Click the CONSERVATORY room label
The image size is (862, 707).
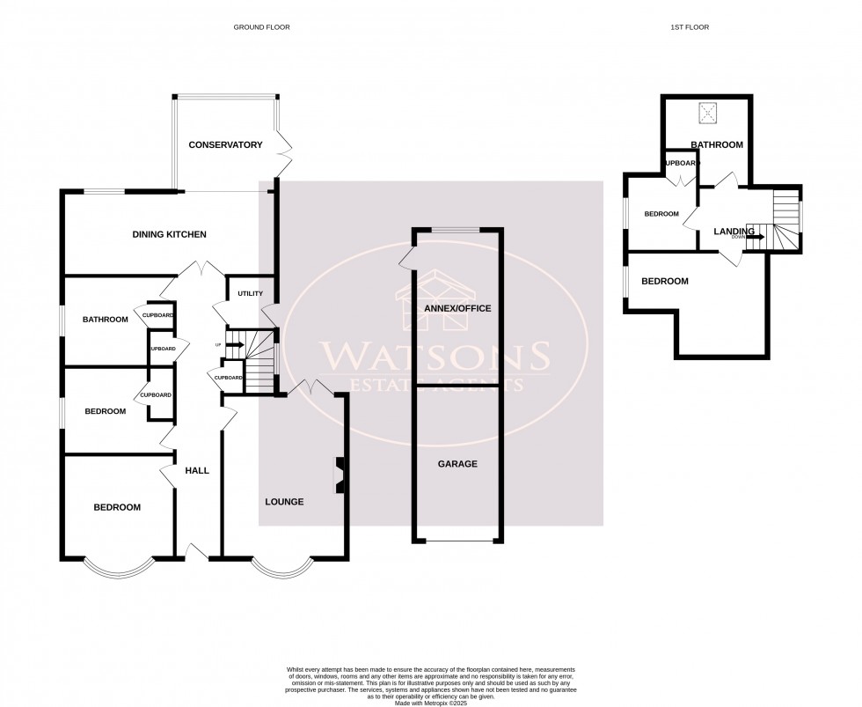(x=226, y=144)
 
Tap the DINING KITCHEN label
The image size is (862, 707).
(x=169, y=234)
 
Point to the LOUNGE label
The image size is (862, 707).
(x=284, y=502)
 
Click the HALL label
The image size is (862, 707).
(x=197, y=471)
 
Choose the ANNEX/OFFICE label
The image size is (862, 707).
(x=457, y=308)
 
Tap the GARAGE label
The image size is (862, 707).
(x=457, y=463)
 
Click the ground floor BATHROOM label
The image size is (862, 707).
(x=106, y=320)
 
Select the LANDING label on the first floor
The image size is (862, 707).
(x=734, y=232)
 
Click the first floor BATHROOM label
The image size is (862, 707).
(x=716, y=144)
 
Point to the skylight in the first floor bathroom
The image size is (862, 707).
(x=707, y=114)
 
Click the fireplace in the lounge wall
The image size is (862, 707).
(x=338, y=475)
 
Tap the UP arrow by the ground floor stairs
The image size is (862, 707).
(x=233, y=344)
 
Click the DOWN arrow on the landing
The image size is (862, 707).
(x=755, y=237)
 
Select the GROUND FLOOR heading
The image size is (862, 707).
(x=261, y=27)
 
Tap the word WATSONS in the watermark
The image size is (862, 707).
(x=435, y=357)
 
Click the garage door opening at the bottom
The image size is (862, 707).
(x=457, y=541)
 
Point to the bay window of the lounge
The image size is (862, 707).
(x=281, y=569)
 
